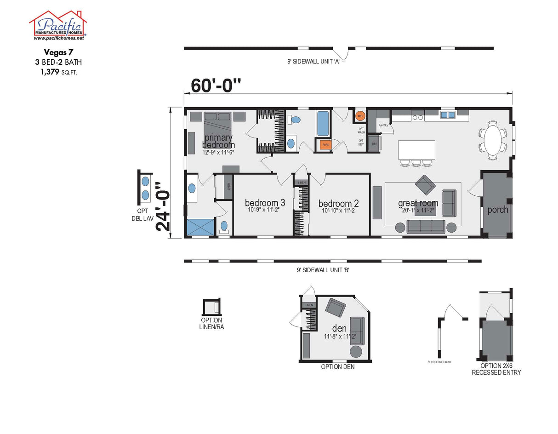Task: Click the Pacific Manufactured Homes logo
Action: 58,25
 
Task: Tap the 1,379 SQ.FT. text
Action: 58,71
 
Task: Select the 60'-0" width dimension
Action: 216,86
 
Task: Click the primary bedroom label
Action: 219,142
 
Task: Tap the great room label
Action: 418,203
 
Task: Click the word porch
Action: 497,210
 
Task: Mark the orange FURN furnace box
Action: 326,145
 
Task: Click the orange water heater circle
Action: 360,115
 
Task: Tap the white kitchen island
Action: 416,150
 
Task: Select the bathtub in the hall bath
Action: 323,123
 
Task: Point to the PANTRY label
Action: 383,125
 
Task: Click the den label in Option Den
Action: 339,329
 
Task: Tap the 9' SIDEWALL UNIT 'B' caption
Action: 323,271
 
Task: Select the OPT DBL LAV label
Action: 142,216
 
